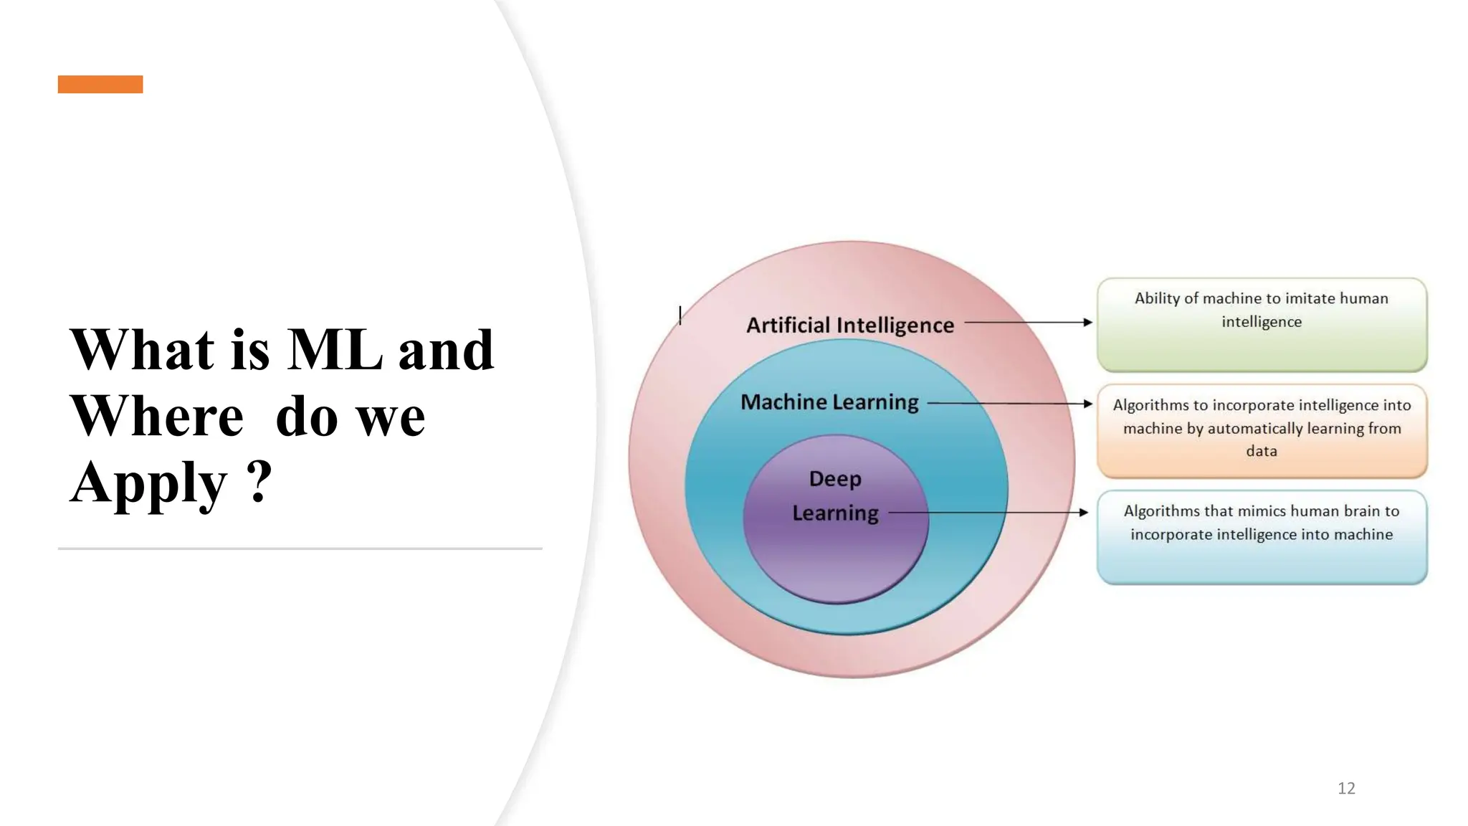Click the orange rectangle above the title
click(x=100, y=84)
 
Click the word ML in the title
click(x=335, y=350)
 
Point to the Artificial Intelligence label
click(x=850, y=325)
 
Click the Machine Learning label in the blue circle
click(x=829, y=402)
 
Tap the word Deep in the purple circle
click(x=835, y=478)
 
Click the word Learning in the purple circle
click(x=835, y=513)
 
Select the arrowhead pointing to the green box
click(x=1087, y=323)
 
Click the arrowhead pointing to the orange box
click(x=1087, y=404)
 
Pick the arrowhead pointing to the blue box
click(x=1083, y=513)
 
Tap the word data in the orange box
click(x=1262, y=451)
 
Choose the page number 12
click(x=1346, y=788)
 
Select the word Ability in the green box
click(x=1156, y=298)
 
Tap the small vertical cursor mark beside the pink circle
click(x=680, y=315)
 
